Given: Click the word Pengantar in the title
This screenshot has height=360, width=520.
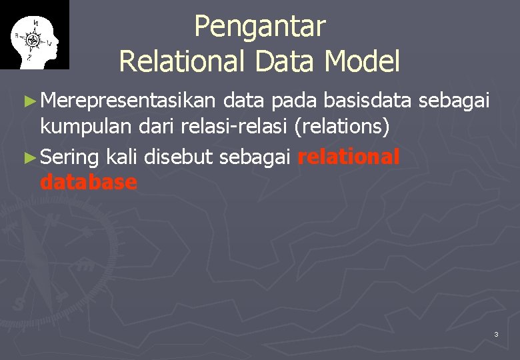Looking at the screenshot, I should [260, 27].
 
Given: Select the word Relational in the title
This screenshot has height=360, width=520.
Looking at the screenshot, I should [177, 61].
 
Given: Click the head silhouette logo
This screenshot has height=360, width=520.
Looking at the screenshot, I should [34, 35].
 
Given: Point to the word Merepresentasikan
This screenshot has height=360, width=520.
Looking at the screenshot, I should [128, 101].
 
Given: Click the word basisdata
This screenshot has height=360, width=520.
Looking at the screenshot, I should [367, 101].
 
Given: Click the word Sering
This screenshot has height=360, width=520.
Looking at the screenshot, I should [69, 157].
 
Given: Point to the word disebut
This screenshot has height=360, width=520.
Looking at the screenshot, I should [178, 157].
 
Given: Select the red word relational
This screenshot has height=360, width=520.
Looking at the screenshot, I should [349, 157].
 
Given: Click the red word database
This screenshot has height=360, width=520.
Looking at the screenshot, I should [89, 182].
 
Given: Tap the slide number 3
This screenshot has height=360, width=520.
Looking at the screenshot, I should [496, 334].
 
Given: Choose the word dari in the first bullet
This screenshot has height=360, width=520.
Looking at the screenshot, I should [158, 126].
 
